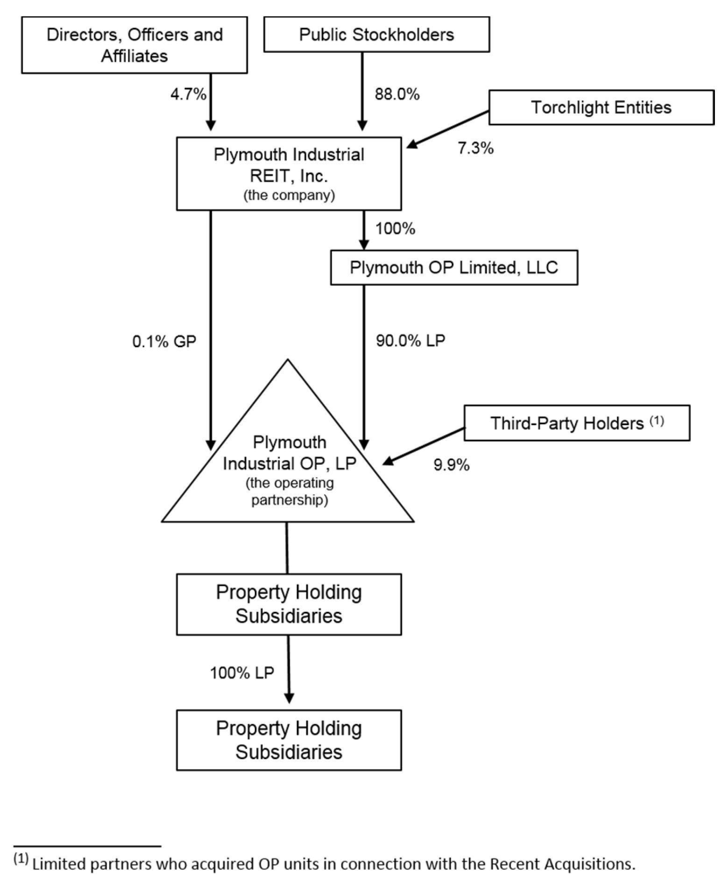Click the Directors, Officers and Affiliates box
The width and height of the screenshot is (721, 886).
134,45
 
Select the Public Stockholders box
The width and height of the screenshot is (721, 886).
376,35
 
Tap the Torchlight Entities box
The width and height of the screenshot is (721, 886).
601,107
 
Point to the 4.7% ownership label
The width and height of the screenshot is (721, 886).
188,95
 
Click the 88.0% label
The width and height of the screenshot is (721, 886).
397,94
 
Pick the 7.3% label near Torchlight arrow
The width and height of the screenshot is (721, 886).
475,149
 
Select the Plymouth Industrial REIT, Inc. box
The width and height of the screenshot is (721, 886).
289,173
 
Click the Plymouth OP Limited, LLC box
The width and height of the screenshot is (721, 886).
453,268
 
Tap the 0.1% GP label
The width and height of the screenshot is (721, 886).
164,341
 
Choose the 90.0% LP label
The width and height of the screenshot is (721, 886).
410,340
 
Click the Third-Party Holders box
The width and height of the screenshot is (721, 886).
576,423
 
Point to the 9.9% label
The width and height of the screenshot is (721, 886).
451,465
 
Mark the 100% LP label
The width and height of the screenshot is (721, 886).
241,673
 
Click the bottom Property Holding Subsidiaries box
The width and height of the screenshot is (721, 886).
289,740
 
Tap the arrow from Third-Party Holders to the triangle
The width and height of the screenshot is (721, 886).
424,446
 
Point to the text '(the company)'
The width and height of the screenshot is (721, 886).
289,195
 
